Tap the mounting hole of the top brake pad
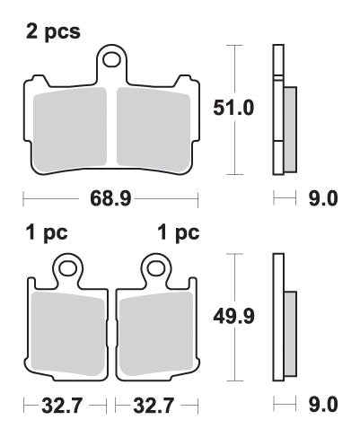112,61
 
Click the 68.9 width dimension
110,198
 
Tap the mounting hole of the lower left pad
66,267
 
